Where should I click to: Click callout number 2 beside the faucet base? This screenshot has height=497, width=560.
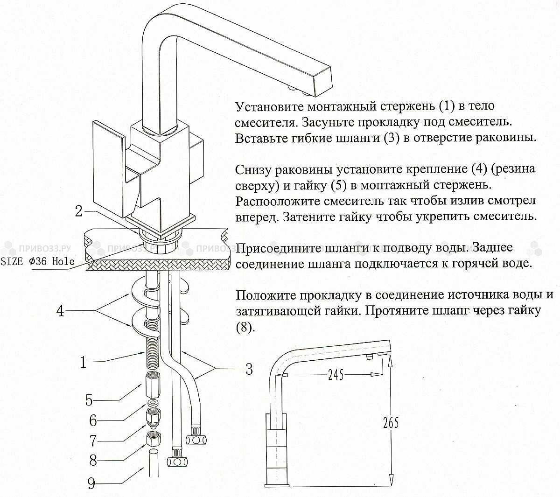point(80,211)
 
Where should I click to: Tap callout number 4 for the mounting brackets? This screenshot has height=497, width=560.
point(60,311)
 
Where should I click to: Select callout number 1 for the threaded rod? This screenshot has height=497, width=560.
point(84,362)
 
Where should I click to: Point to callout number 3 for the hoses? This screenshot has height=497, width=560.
point(249,369)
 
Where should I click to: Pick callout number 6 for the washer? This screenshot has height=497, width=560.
point(93,420)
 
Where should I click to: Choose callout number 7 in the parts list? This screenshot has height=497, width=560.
point(93,441)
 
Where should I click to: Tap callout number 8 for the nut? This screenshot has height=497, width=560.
point(93,461)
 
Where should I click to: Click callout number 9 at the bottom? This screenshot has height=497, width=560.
point(91,483)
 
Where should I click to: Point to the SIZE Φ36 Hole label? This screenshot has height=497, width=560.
point(37,261)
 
